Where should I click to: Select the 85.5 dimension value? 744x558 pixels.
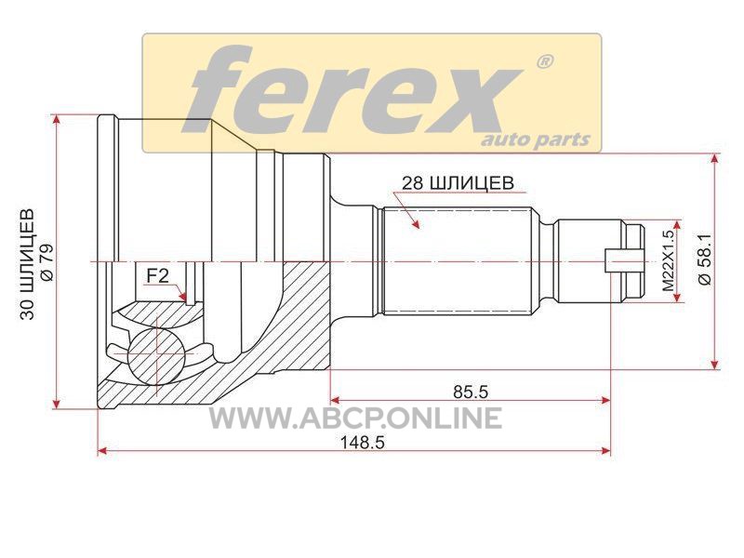tap(471, 392)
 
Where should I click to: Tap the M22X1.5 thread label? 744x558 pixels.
tap(668, 261)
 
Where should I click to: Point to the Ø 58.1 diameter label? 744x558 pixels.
tap(705, 259)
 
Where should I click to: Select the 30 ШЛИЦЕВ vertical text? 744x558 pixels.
tap(28, 264)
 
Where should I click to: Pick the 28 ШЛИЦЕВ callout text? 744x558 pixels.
tap(458, 182)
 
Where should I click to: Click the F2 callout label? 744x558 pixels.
tap(157, 275)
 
